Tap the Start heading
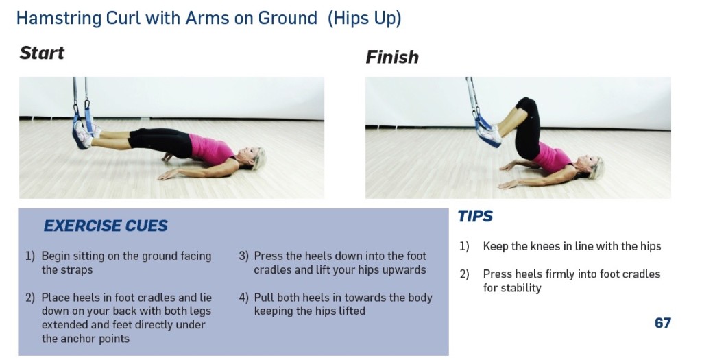pos(42,53)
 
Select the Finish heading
pos(391,58)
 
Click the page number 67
pos(662,323)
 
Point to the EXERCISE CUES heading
pos(106,226)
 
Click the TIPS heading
pos(475,217)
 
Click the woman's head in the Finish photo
pos(594,167)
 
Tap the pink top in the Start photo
pos(212,148)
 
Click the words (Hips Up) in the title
pos(364,19)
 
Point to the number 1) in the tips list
pos(464,246)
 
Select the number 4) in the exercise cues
pos(243,298)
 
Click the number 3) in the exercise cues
pos(243,256)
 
